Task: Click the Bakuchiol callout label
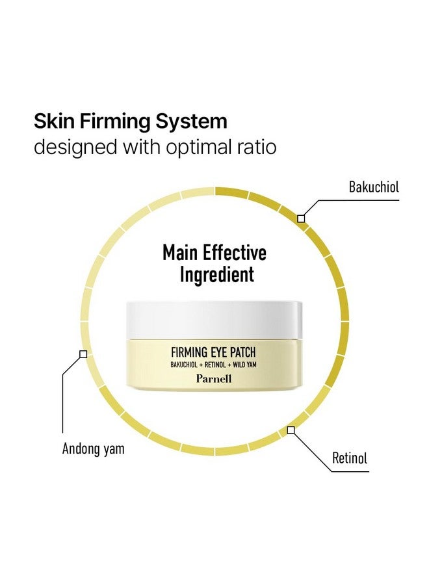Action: [374, 187]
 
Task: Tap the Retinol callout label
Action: [350, 458]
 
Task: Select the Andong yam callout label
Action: [93, 448]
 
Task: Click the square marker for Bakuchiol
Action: [301, 218]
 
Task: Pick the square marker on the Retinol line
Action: [291, 430]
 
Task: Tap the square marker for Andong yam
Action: [84, 354]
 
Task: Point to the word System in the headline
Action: [191, 122]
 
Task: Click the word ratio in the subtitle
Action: [256, 147]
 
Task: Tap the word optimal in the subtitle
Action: [198, 148]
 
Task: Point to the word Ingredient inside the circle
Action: [216, 275]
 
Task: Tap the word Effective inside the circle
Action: [234, 253]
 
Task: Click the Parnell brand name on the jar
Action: [214, 379]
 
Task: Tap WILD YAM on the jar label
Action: [244, 365]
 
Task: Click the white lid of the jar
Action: [214, 320]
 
